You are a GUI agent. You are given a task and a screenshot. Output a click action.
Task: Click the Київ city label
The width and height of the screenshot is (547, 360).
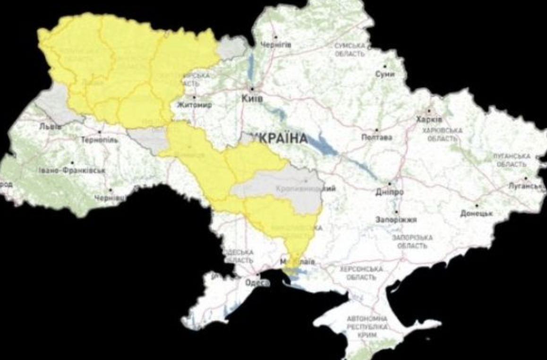[x=252, y=99]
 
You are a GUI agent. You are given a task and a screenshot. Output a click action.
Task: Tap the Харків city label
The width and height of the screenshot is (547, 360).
[x=429, y=119]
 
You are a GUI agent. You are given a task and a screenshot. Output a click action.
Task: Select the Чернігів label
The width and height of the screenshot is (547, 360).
[x=277, y=45]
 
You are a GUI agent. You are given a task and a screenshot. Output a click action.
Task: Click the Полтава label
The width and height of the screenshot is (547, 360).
[x=376, y=137]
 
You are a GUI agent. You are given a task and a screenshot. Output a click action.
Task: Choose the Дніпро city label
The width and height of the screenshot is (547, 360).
[x=389, y=192]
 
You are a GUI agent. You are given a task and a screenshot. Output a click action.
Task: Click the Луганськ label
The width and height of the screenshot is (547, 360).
[x=526, y=186]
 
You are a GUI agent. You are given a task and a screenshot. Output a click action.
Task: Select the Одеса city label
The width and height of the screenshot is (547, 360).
[x=257, y=283]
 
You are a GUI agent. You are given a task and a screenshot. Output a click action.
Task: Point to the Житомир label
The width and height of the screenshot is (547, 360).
[x=194, y=105]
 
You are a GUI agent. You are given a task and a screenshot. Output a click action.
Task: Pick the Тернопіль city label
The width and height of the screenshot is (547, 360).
[x=100, y=140]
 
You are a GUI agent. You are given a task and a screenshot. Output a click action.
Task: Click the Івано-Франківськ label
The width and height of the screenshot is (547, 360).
[x=72, y=170]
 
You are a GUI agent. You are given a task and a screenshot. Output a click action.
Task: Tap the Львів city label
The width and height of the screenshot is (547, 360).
[x=51, y=127]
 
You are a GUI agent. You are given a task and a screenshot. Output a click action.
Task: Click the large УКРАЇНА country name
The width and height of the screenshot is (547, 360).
[x=279, y=138]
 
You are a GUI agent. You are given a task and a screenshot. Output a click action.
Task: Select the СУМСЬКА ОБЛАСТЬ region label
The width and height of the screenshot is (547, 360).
[x=350, y=50]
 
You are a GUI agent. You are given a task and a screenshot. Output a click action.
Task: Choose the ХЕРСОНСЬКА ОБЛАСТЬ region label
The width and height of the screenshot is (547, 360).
[x=361, y=273]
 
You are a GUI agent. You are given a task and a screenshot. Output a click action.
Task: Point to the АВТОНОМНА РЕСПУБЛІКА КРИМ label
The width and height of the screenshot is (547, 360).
[x=367, y=326]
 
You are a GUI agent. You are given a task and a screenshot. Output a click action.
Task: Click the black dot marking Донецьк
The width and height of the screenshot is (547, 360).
[x=477, y=206]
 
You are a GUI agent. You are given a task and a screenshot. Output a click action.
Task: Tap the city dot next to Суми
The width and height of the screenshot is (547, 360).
[x=385, y=66]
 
